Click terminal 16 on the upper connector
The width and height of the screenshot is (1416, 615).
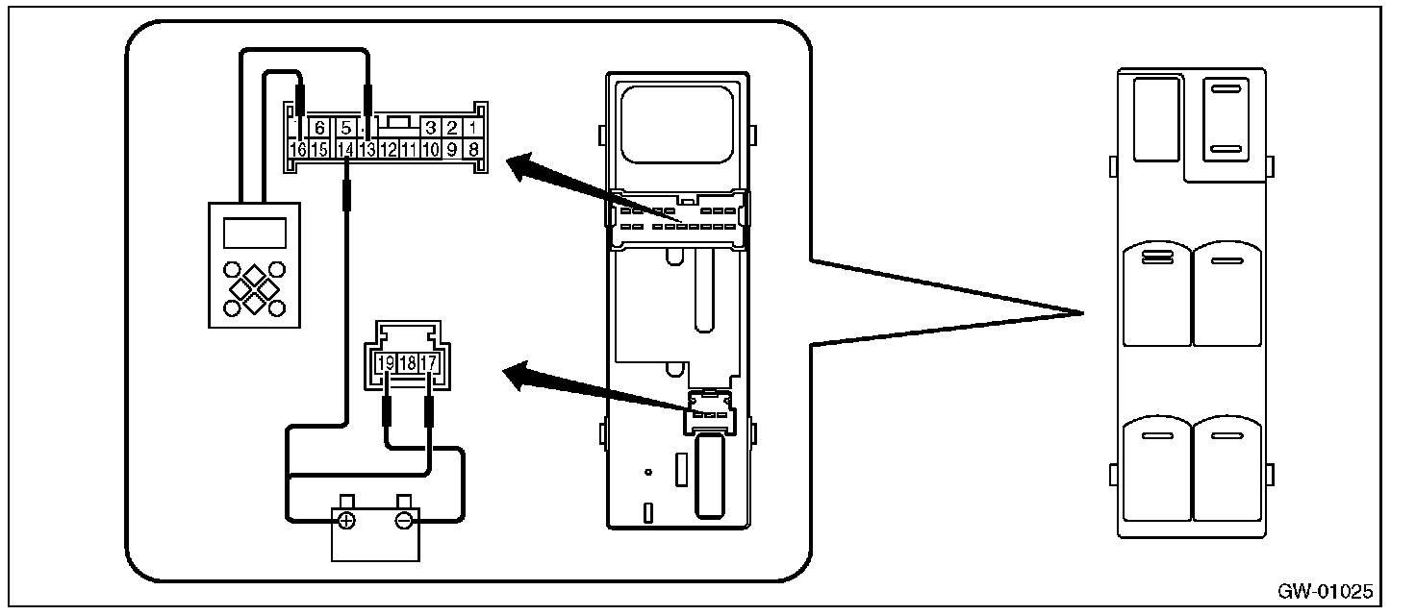pos(298,149)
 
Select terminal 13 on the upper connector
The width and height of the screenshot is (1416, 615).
pos(367,149)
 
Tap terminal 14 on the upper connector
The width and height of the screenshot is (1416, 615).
pos(345,149)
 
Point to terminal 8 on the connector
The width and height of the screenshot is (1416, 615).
pos(473,149)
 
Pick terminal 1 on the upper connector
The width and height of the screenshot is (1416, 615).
pos(473,128)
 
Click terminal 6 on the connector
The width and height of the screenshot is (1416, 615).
pos(321,128)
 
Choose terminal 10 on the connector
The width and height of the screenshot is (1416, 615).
pos(430,149)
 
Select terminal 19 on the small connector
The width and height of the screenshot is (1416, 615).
pos(386,363)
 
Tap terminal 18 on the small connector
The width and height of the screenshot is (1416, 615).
pos(408,363)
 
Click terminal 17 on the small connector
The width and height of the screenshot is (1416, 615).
pos(429,363)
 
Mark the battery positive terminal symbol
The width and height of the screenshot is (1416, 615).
pos(346,521)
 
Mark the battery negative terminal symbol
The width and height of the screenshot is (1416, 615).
pos(405,521)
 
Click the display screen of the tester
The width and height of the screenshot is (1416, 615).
pos(254,233)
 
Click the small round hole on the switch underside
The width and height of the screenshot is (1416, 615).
pos(649,472)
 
